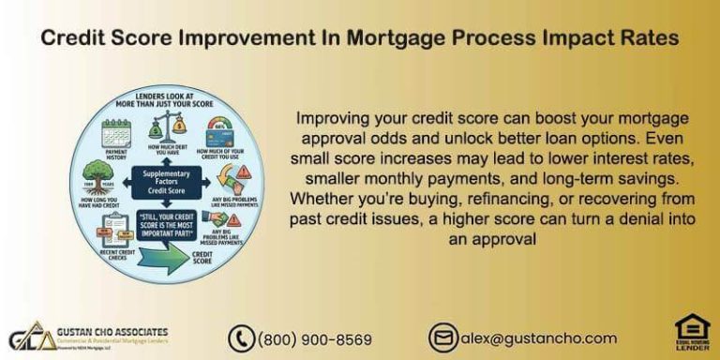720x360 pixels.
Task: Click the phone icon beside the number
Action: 241,338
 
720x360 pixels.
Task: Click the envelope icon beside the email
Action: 442,338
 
